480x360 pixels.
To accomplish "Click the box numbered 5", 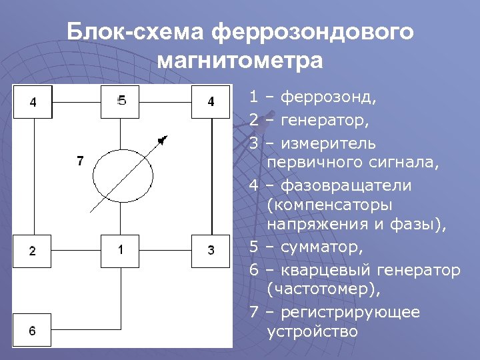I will (x=121, y=101).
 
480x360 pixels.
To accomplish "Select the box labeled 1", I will (x=121, y=250).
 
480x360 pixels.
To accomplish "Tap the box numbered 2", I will (x=33, y=251).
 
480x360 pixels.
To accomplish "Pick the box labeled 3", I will (x=211, y=251).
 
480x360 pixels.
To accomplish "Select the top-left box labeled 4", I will (x=33, y=101).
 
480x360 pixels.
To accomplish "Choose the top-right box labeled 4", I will (x=211, y=101).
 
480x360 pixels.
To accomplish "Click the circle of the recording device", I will (x=123, y=176).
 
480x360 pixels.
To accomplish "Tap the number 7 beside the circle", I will (x=80, y=161).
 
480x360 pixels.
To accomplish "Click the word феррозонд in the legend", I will (x=329, y=98).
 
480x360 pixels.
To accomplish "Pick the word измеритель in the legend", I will (x=328, y=143).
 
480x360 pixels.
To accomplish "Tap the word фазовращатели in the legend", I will (x=346, y=185).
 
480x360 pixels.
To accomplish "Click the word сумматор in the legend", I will (x=322, y=248).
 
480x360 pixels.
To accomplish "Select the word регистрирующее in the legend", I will (x=351, y=312).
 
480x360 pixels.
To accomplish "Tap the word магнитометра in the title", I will (x=240, y=61).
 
